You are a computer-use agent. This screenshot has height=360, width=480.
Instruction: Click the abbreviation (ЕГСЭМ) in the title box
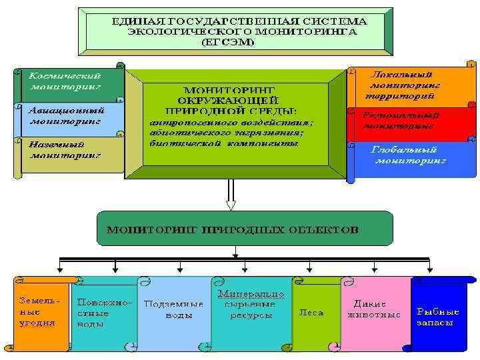[x=233, y=41]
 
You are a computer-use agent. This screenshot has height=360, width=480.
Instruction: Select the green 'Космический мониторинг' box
[x=67, y=83]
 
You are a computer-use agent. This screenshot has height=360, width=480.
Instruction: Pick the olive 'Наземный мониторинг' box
[x=67, y=152]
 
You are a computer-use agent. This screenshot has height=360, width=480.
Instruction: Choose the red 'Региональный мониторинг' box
[x=407, y=123]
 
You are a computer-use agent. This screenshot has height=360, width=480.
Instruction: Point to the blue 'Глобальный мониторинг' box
[x=409, y=157]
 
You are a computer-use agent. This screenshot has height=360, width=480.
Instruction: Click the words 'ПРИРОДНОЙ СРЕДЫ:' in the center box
[x=231, y=111]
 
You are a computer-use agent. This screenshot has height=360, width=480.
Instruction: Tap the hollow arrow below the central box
[x=231, y=199]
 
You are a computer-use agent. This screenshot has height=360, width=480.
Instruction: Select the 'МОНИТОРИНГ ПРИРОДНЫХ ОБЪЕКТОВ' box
[x=233, y=229]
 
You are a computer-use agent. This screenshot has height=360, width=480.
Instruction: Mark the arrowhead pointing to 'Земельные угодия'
[x=59, y=271]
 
